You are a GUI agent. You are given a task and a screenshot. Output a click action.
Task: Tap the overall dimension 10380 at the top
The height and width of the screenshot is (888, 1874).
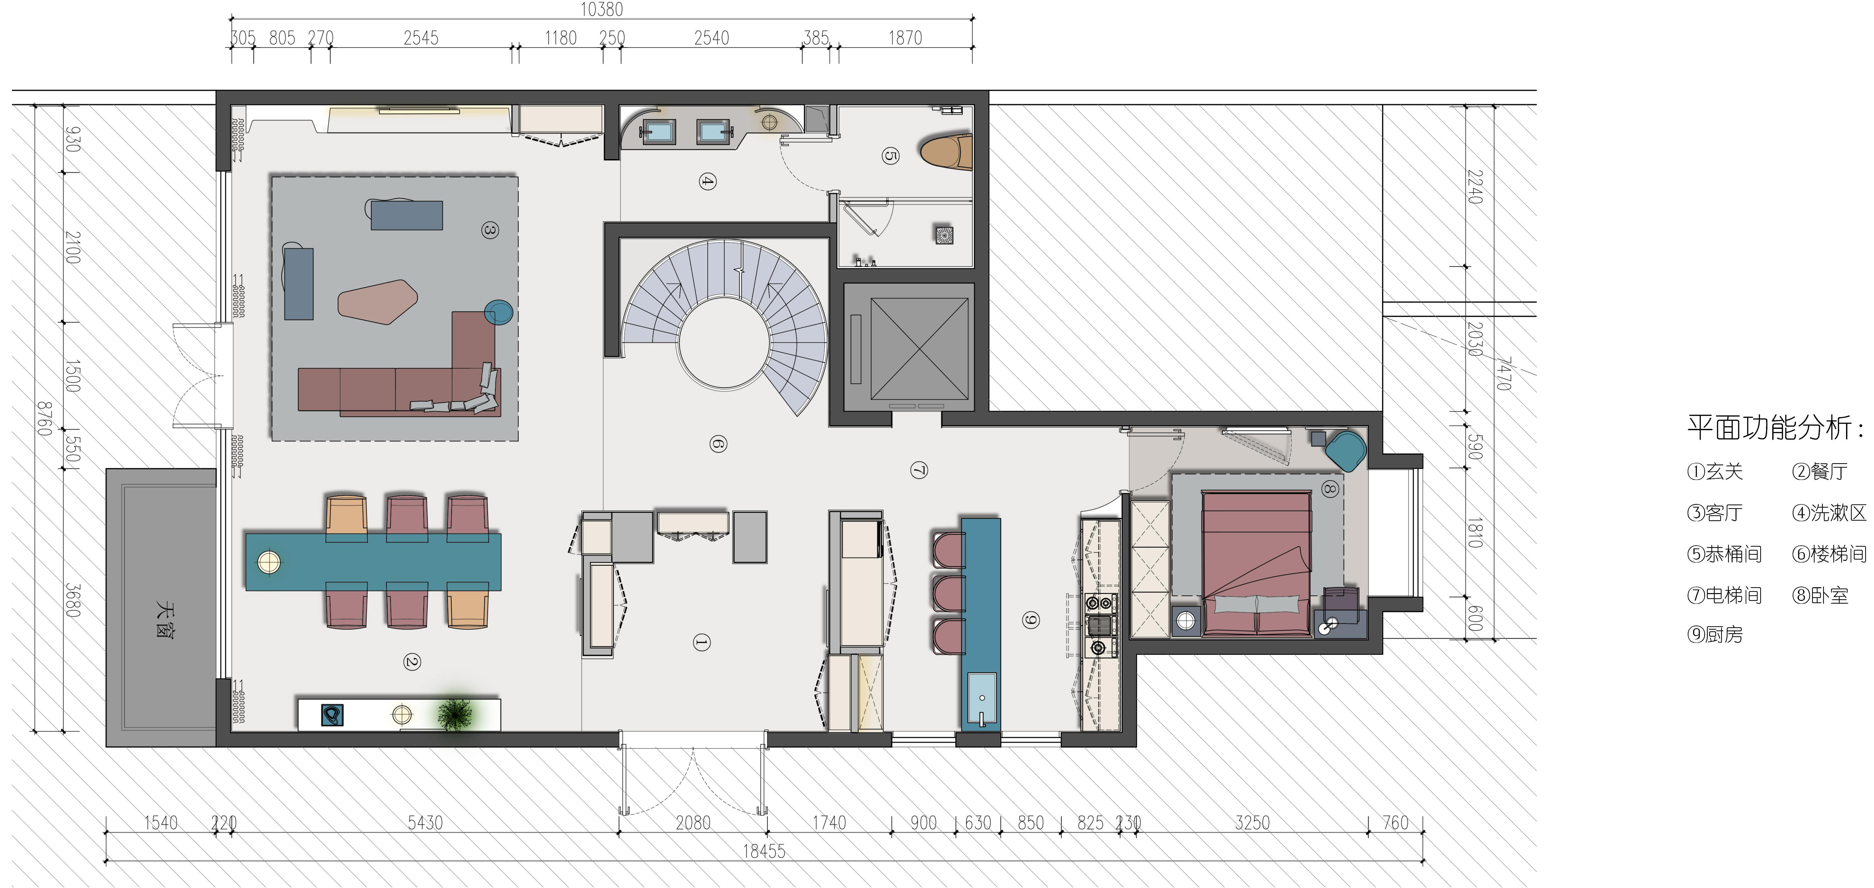pos(602,9)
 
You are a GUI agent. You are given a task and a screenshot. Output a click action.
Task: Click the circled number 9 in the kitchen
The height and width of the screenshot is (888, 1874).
pos(1031,620)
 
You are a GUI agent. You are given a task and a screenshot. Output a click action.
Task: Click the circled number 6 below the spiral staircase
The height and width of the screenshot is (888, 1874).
pos(718,444)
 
